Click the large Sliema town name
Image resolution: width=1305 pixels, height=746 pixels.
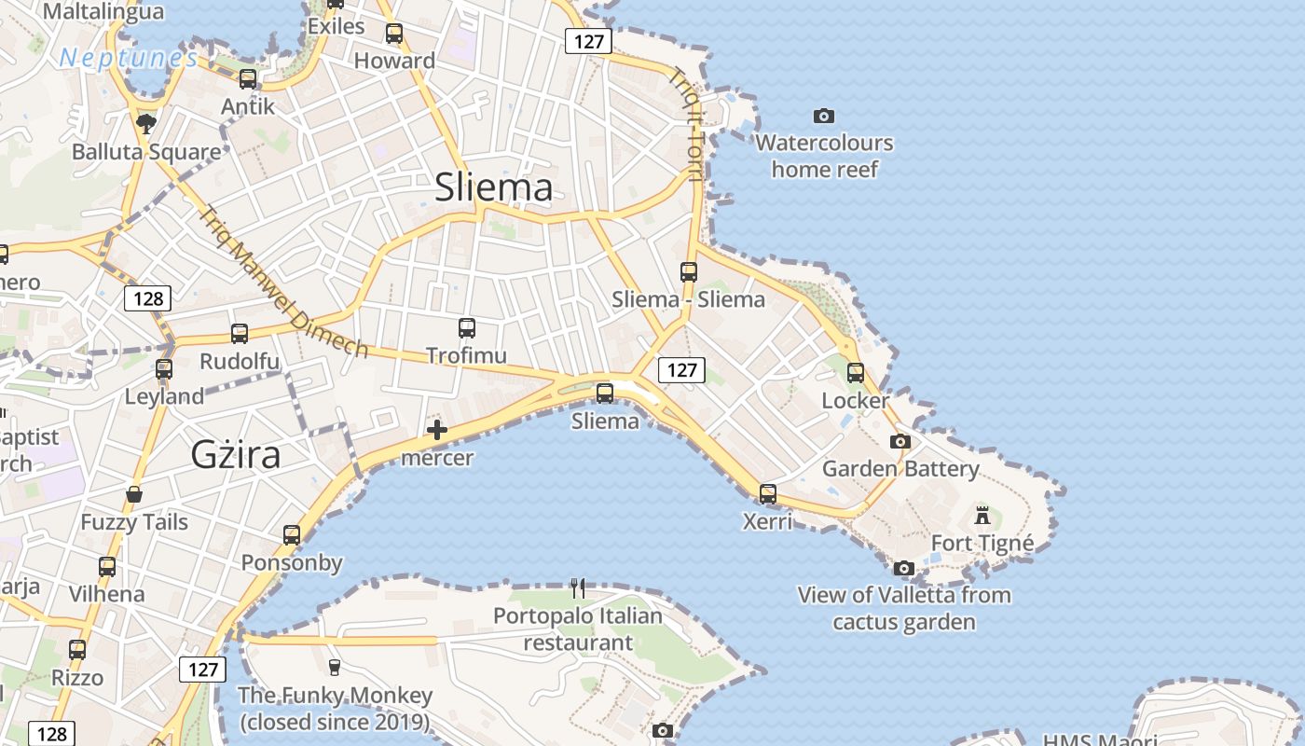[493, 187]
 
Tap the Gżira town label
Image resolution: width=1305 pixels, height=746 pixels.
[236, 454]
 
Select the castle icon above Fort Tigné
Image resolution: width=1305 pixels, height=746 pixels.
[982, 515]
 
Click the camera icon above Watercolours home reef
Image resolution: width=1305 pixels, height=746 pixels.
[823, 116]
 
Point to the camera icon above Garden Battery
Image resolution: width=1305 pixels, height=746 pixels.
[900, 441]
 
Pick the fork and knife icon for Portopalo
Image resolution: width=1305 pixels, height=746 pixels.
[578, 587]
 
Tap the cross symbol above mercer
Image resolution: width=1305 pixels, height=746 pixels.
[436, 430]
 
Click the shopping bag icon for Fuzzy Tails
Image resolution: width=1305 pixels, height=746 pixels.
[134, 494]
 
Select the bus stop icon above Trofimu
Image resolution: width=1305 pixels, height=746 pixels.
[467, 327]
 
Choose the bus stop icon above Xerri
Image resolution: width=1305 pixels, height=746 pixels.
[767, 493]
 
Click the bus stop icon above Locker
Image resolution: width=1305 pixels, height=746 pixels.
[855, 372]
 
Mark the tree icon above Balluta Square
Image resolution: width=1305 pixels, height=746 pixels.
[145, 123]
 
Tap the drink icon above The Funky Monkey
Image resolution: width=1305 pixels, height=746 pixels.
[334, 667]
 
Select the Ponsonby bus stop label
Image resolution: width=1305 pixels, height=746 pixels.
[292, 563]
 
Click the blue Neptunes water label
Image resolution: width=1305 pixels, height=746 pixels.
[129, 59]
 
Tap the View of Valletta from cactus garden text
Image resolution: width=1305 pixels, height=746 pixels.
[903, 608]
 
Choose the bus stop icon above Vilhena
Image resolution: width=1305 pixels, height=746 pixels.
[107, 566]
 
